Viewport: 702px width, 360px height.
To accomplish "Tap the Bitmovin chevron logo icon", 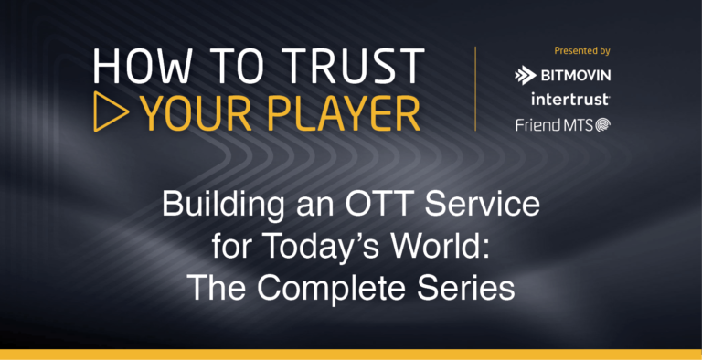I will (x=525, y=75).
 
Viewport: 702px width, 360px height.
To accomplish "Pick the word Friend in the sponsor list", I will (x=540, y=123).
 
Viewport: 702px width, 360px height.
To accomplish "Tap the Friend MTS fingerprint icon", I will (x=603, y=124).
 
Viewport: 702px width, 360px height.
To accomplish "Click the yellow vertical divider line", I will (x=475, y=88).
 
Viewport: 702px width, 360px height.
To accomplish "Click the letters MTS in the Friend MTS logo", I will (x=579, y=123).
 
